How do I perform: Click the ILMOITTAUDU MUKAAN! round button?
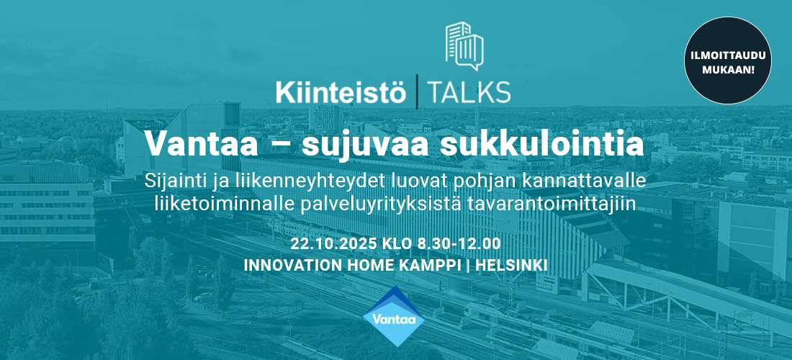click(728, 60)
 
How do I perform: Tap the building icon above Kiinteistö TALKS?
click(464, 46)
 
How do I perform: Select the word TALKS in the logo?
click(468, 93)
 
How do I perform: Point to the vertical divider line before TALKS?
click(417, 92)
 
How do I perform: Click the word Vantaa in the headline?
click(202, 144)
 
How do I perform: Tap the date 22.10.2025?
click(333, 244)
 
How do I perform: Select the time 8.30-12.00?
click(459, 244)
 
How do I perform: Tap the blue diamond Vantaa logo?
click(394, 316)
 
